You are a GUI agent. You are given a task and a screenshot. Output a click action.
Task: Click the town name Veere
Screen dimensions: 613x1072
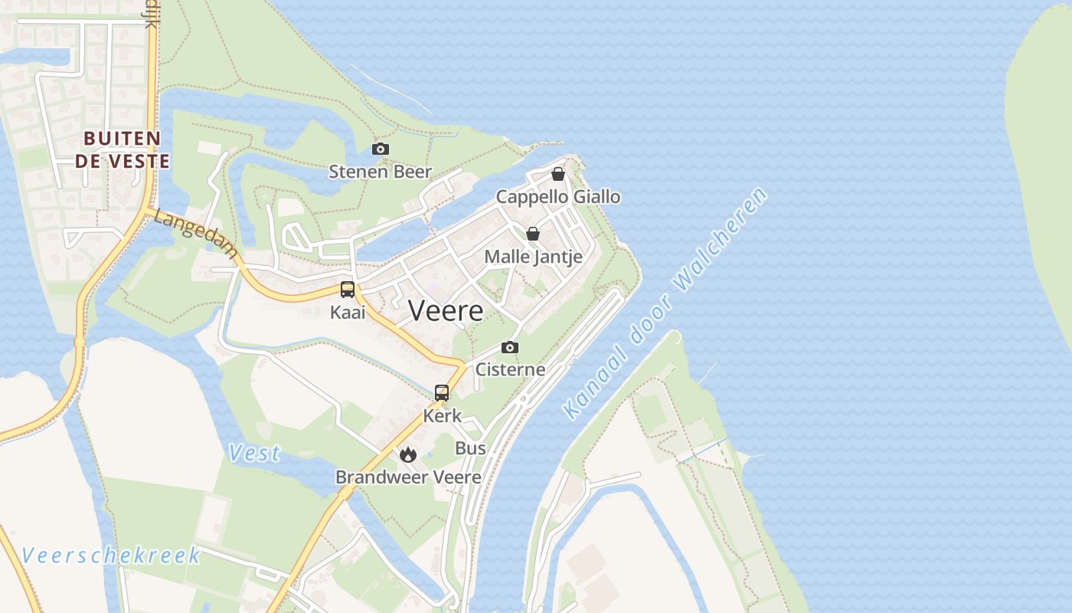pos(446,310)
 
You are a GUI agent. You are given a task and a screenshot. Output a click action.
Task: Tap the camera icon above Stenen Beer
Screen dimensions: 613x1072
pos(381,149)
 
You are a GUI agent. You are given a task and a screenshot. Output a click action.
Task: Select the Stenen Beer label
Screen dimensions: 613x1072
pos(381,172)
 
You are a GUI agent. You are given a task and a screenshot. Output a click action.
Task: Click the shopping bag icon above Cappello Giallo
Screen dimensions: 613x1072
pos(558,174)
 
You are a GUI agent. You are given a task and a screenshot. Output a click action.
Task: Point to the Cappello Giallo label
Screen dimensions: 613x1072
pos(558,197)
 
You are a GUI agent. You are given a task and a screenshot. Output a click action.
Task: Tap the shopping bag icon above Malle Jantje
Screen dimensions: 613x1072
pos(533,234)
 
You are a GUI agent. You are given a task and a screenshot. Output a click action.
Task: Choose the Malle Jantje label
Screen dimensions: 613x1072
pos(533,257)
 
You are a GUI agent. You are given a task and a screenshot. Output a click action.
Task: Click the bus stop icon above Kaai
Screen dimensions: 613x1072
pos(348,290)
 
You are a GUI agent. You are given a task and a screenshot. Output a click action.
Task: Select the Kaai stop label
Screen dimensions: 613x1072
pos(348,312)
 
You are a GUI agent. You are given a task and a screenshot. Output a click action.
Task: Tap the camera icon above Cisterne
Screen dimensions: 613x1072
pos(510,348)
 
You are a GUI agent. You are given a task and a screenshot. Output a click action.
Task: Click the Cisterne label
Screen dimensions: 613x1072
pos(510,369)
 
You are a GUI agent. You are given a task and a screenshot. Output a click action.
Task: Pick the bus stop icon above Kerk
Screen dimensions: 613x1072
pos(442,393)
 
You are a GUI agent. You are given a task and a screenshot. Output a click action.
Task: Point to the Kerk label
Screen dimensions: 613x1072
pos(442,415)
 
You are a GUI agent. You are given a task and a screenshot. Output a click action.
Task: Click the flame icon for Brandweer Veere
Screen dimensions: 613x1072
pos(408,454)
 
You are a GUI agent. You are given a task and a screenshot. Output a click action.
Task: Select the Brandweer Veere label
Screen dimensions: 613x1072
pos(408,477)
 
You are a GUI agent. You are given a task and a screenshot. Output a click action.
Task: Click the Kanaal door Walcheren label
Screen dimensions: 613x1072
pos(665,303)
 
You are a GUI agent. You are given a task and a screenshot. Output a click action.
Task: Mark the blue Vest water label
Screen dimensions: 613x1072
pos(254,454)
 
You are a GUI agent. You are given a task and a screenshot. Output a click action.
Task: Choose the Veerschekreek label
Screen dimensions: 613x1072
pos(111,555)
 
